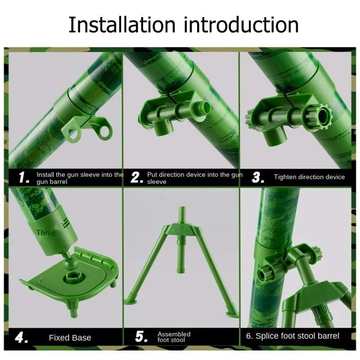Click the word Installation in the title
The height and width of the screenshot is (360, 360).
[x=122, y=25]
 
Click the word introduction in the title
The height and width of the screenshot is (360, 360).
[x=241, y=25]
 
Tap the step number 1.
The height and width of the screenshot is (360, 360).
[x=24, y=177]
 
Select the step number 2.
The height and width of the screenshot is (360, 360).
[x=137, y=177]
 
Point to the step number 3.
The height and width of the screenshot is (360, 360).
[x=258, y=177]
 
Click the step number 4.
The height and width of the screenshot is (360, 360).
[x=22, y=337]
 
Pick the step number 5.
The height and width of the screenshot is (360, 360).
[x=141, y=337]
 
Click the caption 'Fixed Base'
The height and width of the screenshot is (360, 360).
[x=70, y=338]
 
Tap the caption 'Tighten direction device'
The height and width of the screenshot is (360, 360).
[x=309, y=177]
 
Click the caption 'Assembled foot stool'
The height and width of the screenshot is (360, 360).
[x=174, y=337]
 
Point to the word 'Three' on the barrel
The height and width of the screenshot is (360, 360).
[x=46, y=233]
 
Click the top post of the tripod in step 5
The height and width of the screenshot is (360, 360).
[x=182, y=216]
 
